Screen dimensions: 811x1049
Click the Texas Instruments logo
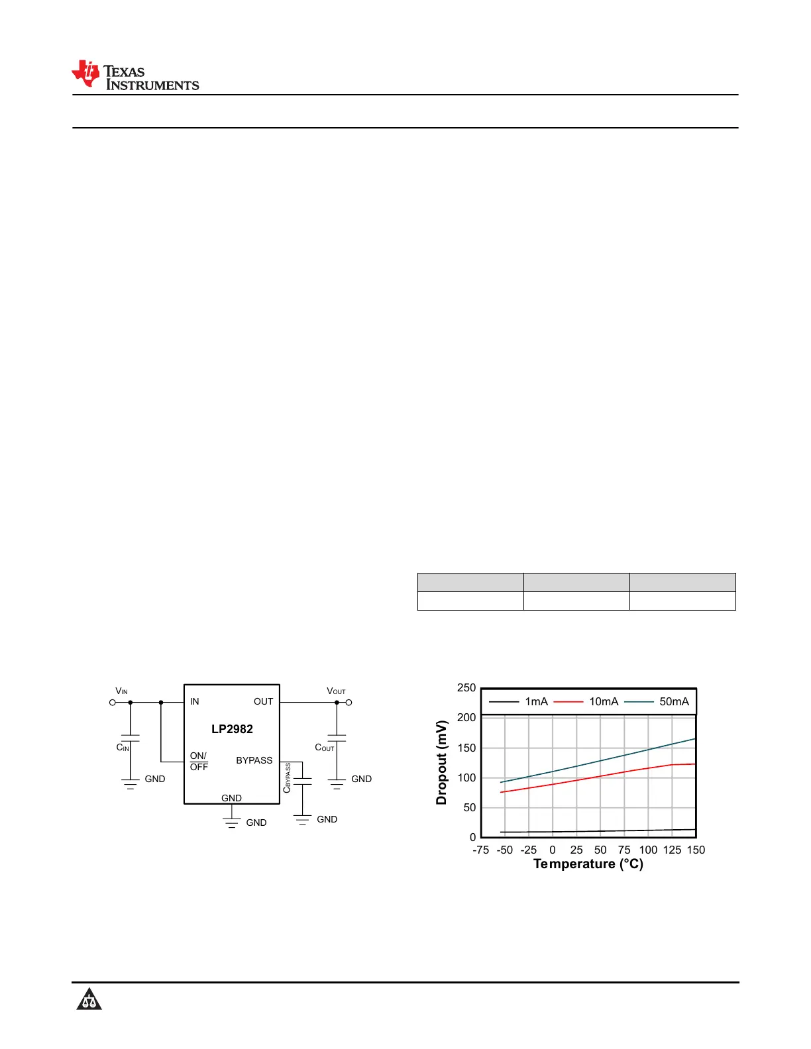click(135, 75)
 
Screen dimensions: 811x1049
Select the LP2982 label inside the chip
click(232, 728)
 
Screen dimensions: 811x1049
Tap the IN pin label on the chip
click(194, 701)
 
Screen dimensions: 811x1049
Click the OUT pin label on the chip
click(263, 701)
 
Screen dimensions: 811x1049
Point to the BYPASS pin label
click(254, 760)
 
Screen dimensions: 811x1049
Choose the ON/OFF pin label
click(199, 762)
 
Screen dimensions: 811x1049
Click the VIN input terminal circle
click(113, 703)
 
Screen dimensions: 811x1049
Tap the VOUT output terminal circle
click(349, 703)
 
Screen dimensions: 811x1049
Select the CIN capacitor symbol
click(131, 738)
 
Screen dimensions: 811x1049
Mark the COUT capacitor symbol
click(337, 738)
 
